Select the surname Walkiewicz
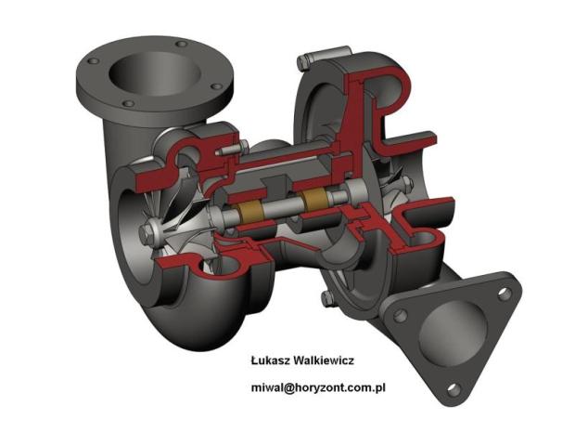click(325, 360)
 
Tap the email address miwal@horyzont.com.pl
click(318, 387)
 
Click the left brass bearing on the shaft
click(251, 214)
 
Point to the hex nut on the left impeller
click(147, 234)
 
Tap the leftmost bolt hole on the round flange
click(93, 61)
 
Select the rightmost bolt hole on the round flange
click(217, 86)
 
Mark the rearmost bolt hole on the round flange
click(182, 45)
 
